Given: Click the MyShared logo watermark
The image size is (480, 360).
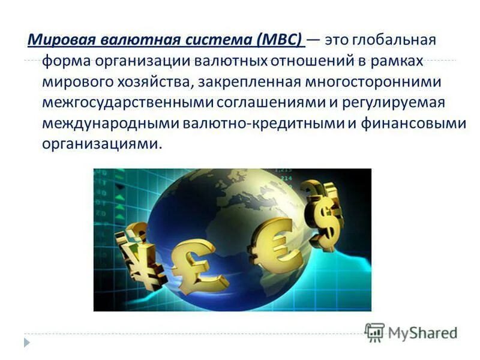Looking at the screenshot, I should click(411, 332).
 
